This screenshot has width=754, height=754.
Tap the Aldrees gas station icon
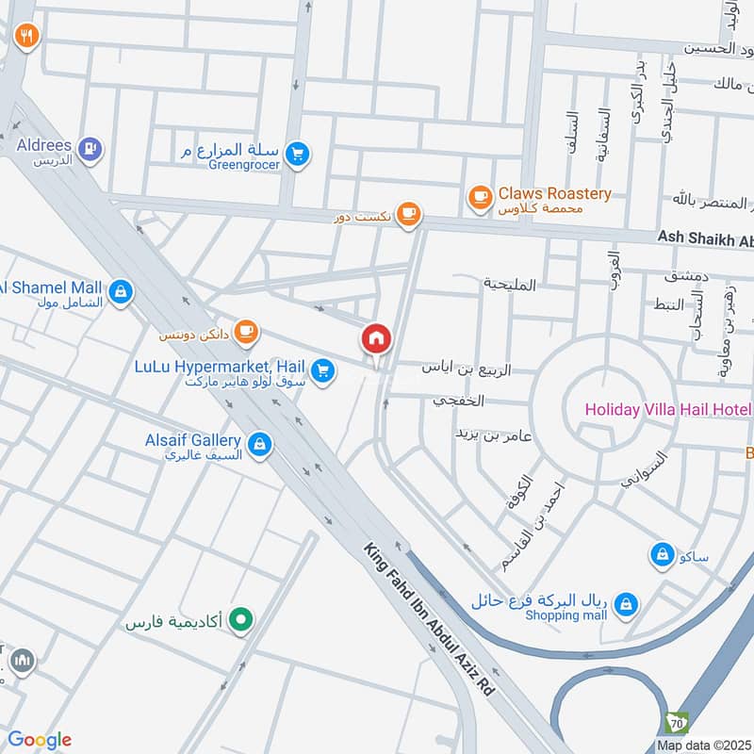pos(90,147)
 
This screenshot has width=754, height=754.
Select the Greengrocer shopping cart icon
pos(299,153)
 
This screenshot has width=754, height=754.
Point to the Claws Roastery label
pos(554,193)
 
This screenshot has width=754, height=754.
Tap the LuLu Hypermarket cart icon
pos(323,371)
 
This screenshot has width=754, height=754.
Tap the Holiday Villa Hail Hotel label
pos(667,409)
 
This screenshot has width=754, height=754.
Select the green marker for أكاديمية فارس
pos(242,621)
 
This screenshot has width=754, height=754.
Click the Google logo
pos(39,740)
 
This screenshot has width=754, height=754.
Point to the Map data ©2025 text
pos(702,745)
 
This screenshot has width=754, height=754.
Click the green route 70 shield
pos(677,723)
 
